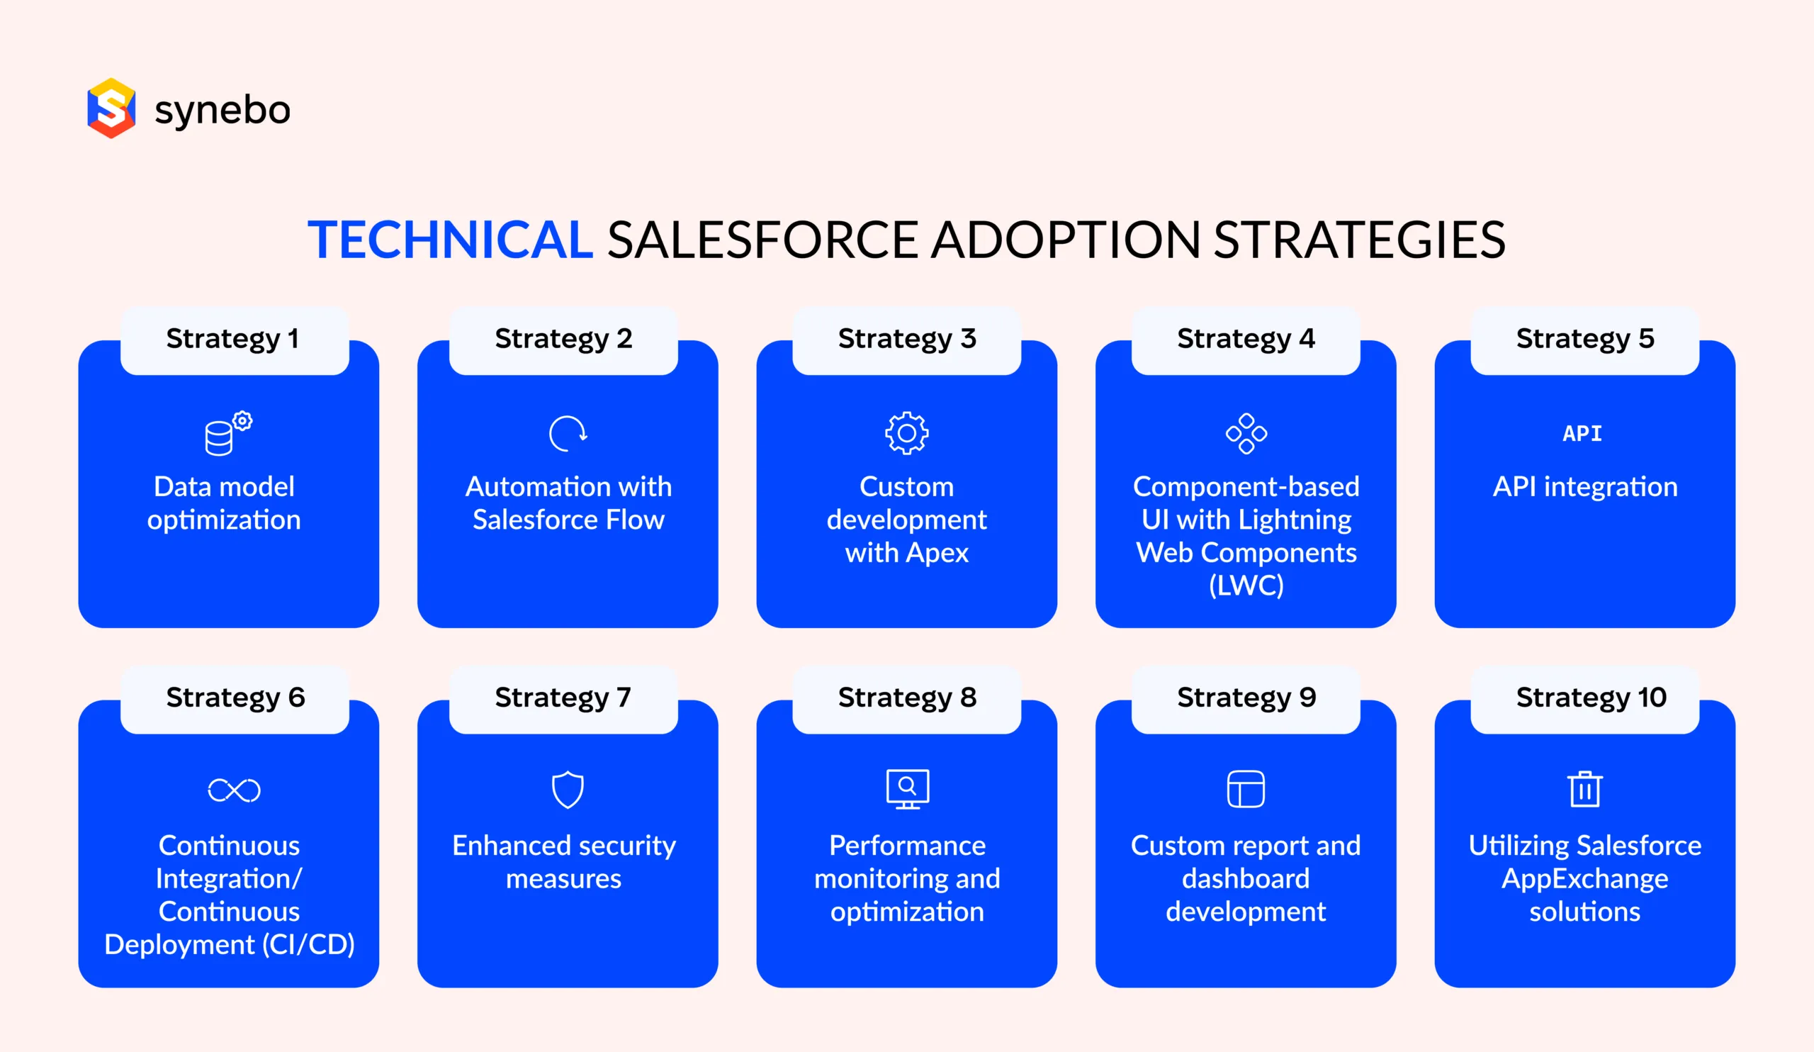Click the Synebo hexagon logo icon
[x=111, y=108]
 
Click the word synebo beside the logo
[x=222, y=110]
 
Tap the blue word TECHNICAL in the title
[x=450, y=240]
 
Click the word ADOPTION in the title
[x=1065, y=240]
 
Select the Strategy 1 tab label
[x=232, y=338]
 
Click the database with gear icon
[x=227, y=433]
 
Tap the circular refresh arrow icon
[x=568, y=433]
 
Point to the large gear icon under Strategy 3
[x=906, y=432]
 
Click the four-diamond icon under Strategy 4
[x=1246, y=433]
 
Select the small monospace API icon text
[x=1582, y=433]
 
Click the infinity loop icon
[x=234, y=790]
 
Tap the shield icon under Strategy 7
[x=568, y=790]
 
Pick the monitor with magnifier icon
[x=907, y=789]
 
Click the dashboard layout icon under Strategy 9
[x=1245, y=789]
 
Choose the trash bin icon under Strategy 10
[x=1584, y=789]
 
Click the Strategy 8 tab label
[x=907, y=697]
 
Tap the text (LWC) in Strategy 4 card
[x=1246, y=586]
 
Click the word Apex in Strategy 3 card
[x=937, y=553]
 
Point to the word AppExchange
[x=1584, y=878]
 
